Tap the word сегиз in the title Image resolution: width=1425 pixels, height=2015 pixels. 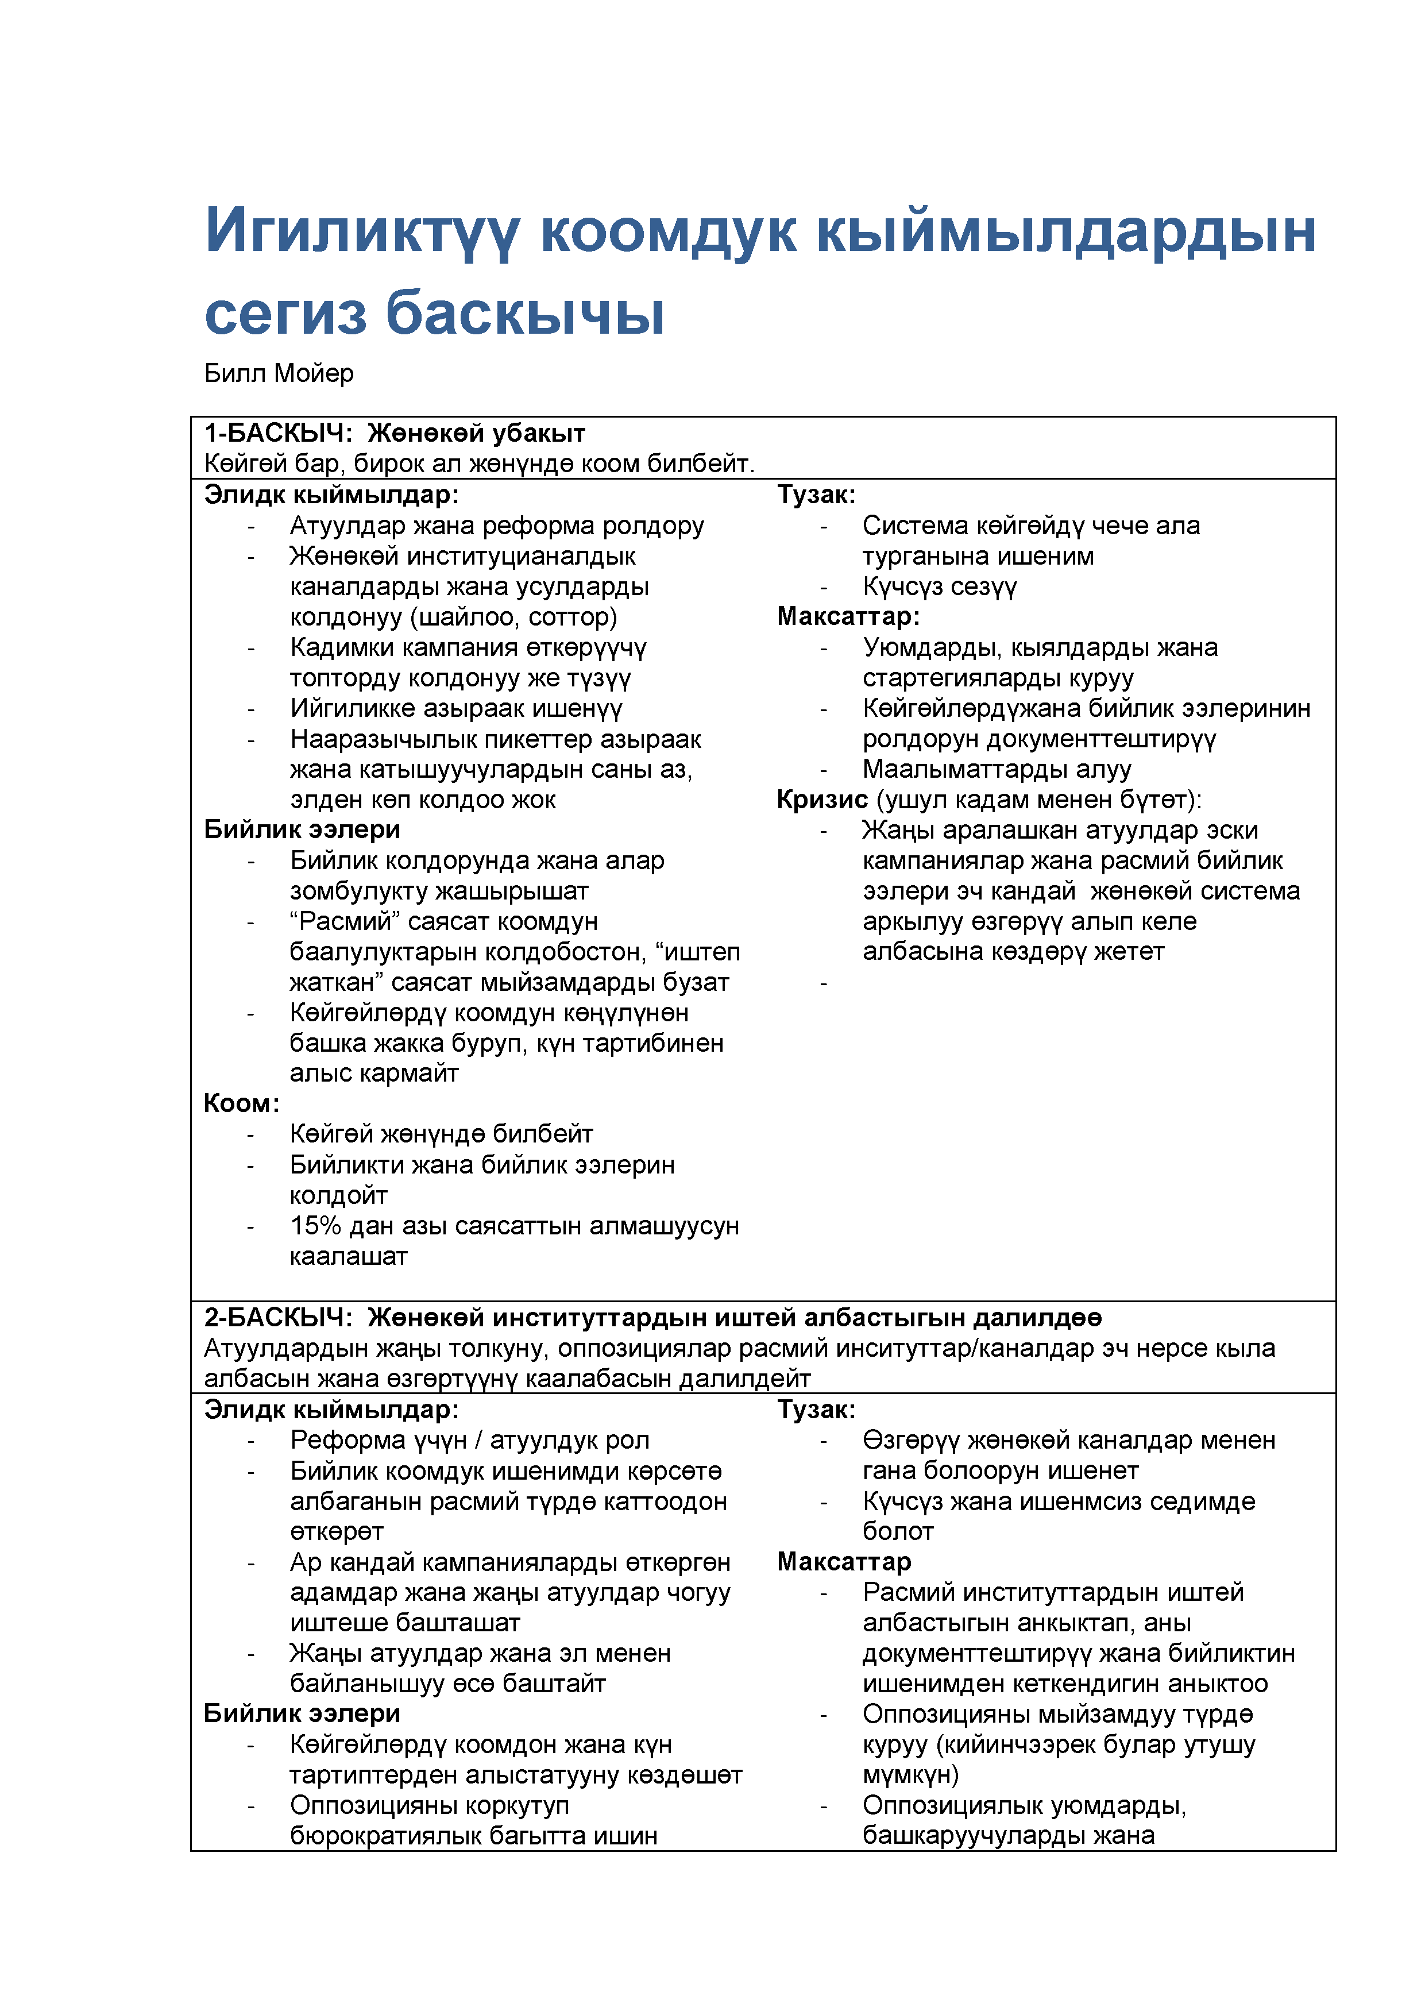click(x=285, y=314)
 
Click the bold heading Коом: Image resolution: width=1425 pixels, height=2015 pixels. click(x=241, y=1103)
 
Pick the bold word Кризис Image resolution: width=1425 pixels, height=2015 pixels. click(x=822, y=800)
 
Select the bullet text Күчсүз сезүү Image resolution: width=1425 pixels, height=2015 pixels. click(x=939, y=586)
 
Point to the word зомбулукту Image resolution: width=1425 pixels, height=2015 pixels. click(x=360, y=891)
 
